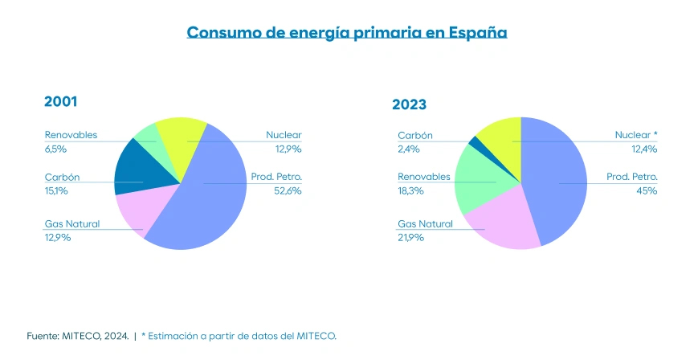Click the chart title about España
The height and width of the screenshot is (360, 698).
pyautogui.click(x=347, y=33)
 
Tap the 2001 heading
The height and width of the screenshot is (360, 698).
pyautogui.click(x=60, y=102)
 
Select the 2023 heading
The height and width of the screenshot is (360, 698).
pyautogui.click(x=409, y=104)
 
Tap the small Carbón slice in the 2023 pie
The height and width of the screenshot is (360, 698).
pyautogui.click(x=474, y=143)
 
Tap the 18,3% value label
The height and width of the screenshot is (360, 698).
pyautogui.click(x=409, y=190)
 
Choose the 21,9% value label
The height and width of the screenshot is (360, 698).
pyautogui.click(x=409, y=239)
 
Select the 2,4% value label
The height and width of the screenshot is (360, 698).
pyautogui.click(x=407, y=149)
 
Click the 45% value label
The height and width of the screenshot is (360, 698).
pyautogui.click(x=647, y=190)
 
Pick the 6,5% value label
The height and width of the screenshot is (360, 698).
pyautogui.click(x=55, y=149)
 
